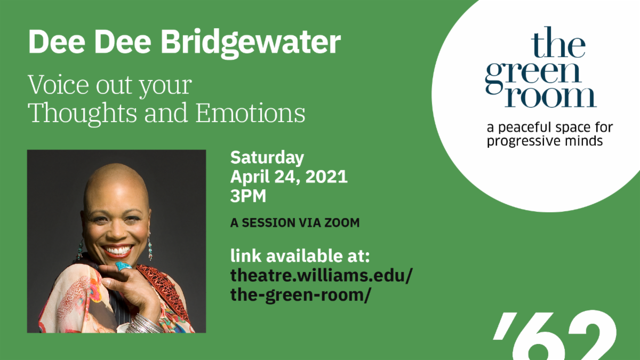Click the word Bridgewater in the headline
[x=251, y=43]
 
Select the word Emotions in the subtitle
[x=250, y=113]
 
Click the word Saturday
[x=267, y=158]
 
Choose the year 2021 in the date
[x=326, y=177]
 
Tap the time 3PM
[x=248, y=196]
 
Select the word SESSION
[x=269, y=223]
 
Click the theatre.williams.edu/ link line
[x=322, y=275]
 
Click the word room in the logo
[x=550, y=97]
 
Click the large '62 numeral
[x=555, y=335]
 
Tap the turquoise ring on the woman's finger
[x=123, y=267]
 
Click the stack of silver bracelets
[x=145, y=324]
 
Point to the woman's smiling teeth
[x=118, y=251]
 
